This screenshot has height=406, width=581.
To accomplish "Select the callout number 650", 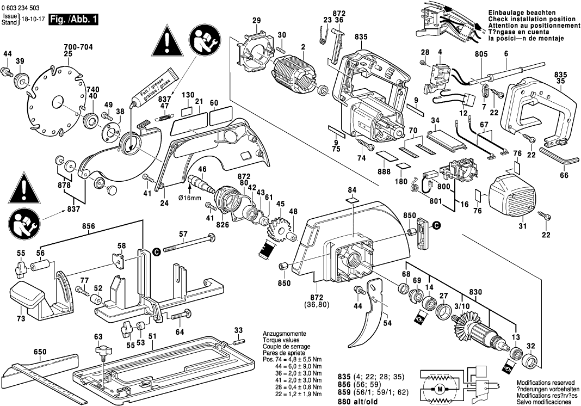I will pyautogui.click(x=40, y=352).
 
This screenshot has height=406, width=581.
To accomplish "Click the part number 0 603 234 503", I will pyautogui.click(x=24, y=7).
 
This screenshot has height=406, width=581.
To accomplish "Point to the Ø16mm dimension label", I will pyautogui.click(x=190, y=198).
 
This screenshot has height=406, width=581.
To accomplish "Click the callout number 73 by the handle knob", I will pyautogui.click(x=21, y=318).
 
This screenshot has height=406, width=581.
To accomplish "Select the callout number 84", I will pyautogui.click(x=352, y=189).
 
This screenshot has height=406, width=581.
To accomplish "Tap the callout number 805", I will pyautogui.click(x=481, y=54).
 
